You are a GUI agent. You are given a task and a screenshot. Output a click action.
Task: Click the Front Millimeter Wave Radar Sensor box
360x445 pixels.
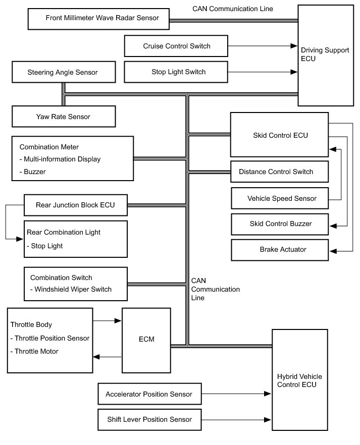coord(98,18)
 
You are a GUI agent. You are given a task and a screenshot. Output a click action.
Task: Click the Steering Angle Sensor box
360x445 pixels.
coord(62,73)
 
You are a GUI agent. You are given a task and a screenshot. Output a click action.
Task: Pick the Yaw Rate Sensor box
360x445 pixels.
coord(63,117)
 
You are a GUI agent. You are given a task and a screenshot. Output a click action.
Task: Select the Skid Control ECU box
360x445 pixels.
coord(280,135)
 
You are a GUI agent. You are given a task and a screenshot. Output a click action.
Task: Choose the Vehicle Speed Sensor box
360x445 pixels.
coord(279,198)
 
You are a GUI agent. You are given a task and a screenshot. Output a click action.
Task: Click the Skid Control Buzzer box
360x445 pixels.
coord(279,224)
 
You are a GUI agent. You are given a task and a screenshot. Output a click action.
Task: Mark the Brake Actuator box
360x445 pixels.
coord(279,249)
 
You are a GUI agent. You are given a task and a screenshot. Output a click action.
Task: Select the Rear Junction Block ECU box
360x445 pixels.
coord(75,205)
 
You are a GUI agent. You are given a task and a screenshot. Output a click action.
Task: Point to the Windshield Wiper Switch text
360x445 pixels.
coord(74,290)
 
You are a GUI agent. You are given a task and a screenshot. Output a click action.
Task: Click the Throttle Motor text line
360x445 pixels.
coord(37,352)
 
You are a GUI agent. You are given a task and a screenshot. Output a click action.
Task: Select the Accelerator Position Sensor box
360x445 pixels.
coord(148,394)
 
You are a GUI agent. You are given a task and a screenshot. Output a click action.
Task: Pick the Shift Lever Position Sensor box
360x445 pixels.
coord(148,419)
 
